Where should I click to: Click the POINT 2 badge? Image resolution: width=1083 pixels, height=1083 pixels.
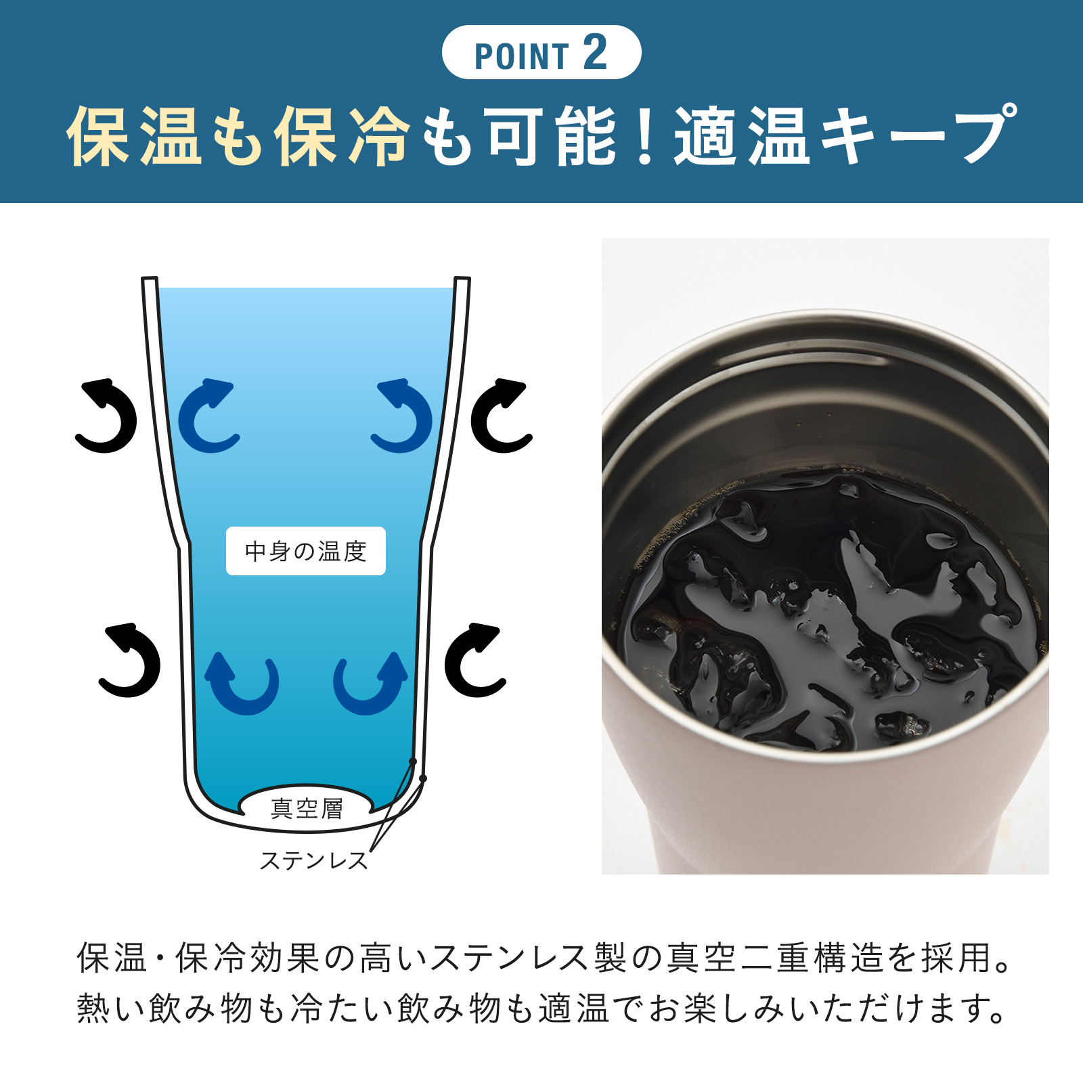click(541, 52)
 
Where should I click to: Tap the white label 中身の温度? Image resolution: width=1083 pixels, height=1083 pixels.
click(306, 551)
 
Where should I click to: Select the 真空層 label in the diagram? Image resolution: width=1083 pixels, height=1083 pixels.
click(307, 808)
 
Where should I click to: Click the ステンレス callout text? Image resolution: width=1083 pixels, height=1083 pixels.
click(313, 860)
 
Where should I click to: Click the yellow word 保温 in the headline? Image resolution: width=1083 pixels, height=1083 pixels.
click(134, 136)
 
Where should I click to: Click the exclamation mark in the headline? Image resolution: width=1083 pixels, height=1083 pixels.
click(646, 136)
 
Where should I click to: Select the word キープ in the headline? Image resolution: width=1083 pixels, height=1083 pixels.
click(917, 136)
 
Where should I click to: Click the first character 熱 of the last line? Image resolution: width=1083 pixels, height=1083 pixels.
click(94, 1008)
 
